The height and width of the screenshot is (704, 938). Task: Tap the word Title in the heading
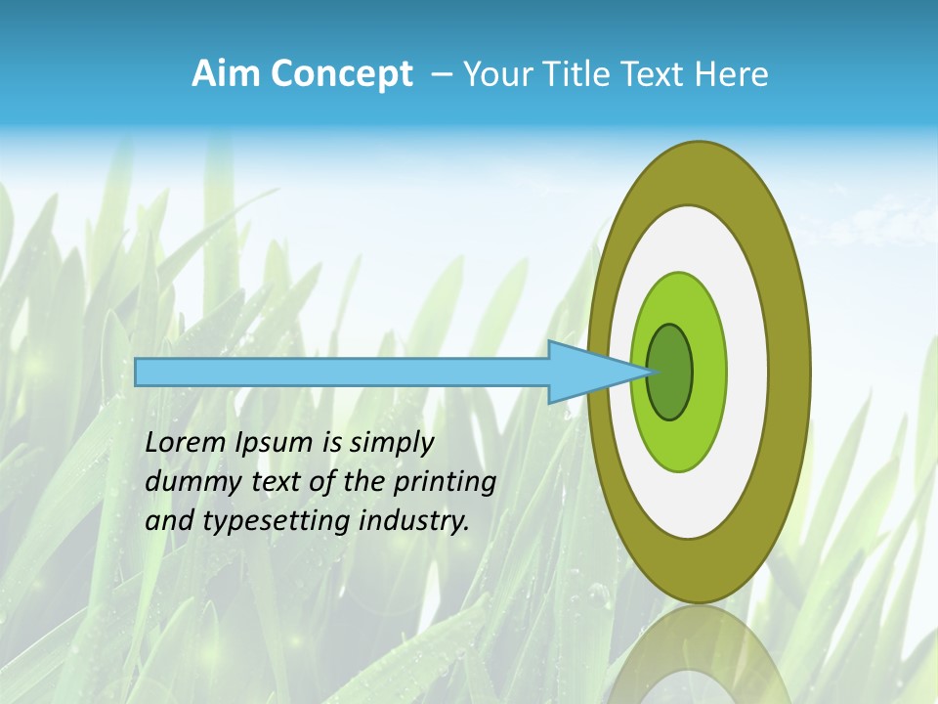pos(587,74)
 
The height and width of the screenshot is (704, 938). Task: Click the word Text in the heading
pos(659,74)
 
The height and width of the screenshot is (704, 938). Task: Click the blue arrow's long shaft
pos(342,372)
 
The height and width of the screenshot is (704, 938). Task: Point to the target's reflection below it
pos(700,655)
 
